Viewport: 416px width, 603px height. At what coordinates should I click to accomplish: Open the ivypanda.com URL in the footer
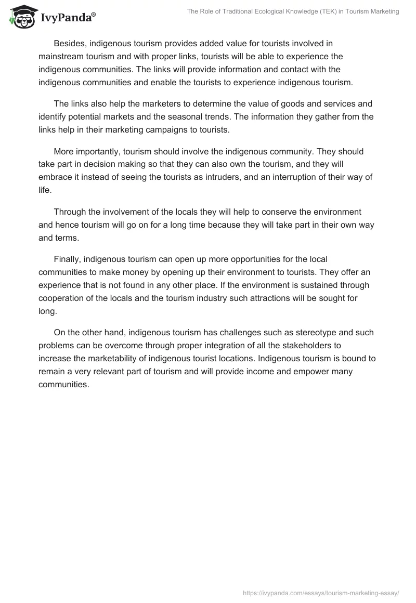coord(321,592)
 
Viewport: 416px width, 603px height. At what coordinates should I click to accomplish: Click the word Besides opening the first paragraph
coord(70,43)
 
